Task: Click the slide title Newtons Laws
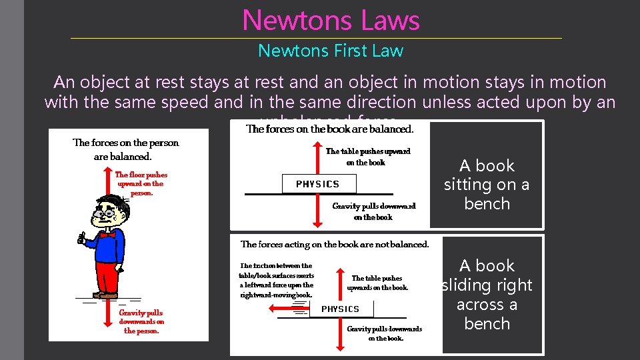tap(331, 20)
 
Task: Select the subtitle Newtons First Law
tap(331, 51)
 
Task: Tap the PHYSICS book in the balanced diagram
tap(317, 184)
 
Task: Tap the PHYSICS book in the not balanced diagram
tap(341, 309)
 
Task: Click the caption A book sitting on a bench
tap(487, 185)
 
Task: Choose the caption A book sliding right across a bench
tap(487, 295)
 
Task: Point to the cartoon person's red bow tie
tap(108, 235)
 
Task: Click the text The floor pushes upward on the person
tap(141, 183)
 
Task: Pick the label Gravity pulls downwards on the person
tap(141, 321)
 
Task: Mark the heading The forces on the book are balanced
tap(330, 129)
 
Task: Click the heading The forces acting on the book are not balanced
tap(335, 245)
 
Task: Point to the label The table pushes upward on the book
tap(367, 157)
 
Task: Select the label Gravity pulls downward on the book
tap(373, 211)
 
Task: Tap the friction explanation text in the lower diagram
tap(276, 280)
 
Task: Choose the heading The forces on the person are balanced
tap(125, 149)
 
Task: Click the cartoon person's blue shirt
tap(110, 247)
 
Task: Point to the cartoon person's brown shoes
tap(105, 295)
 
